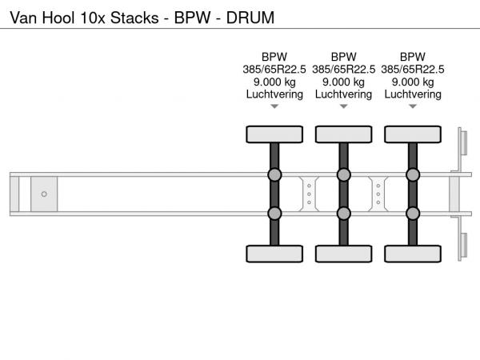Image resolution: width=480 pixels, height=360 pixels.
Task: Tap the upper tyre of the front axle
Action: [x=274, y=134]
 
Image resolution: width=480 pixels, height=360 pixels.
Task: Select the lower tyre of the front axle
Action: [x=274, y=254]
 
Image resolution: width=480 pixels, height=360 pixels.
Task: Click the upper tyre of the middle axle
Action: [x=343, y=134]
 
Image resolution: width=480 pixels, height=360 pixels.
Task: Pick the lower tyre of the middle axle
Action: [x=343, y=254]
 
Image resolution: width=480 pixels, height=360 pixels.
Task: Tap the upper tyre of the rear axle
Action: [x=413, y=134]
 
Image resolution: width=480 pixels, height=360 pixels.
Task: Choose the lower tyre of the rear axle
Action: [x=413, y=254]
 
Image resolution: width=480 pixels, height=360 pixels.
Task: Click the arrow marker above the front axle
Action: [x=274, y=106]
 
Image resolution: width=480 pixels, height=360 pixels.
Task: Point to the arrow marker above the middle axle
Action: [x=343, y=106]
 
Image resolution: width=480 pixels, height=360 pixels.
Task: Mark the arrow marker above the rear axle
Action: [x=413, y=106]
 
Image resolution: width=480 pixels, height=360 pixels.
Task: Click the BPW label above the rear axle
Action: [x=413, y=57]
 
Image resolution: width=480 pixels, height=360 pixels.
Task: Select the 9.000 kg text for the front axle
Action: [x=274, y=82]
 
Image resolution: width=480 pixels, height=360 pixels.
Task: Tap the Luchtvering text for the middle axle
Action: [x=343, y=94]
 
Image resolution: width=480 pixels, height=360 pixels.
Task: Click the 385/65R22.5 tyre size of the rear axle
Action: [x=413, y=69]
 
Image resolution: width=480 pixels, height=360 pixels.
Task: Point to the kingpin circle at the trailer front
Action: [x=44, y=194]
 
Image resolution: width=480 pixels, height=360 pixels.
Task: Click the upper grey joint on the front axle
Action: [x=274, y=175]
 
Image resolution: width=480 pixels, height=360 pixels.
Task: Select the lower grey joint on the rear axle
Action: [x=413, y=213]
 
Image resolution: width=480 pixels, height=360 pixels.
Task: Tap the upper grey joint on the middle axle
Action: [x=343, y=175]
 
